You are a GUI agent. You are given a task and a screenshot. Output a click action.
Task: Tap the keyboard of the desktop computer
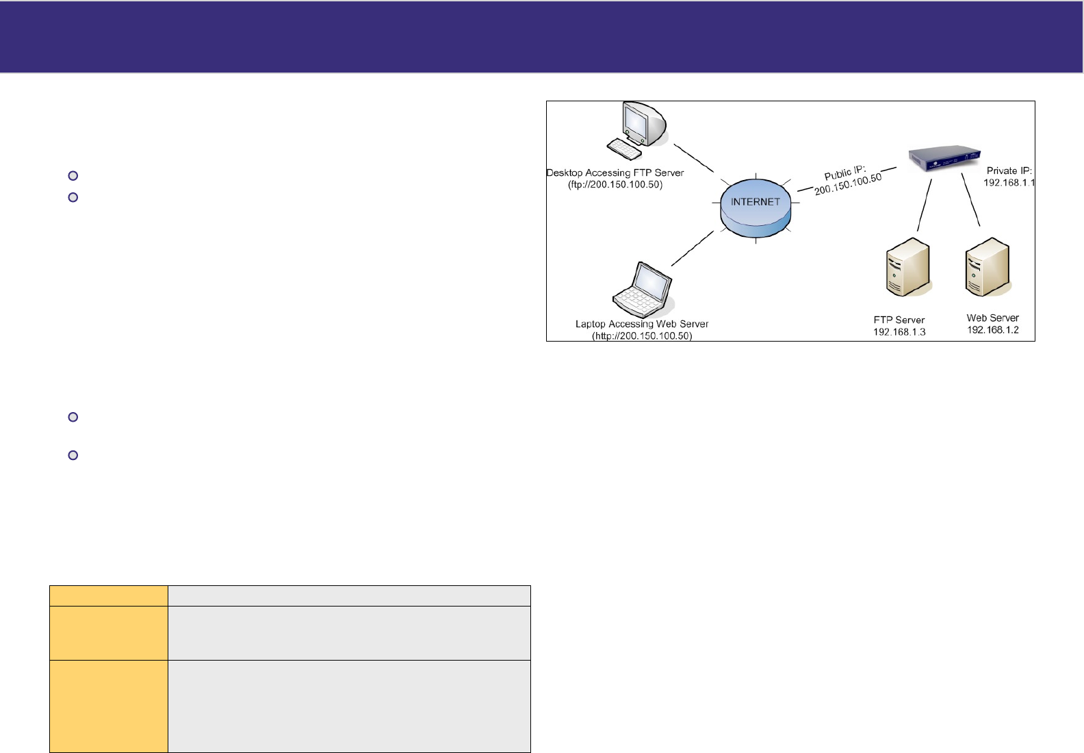[x=624, y=149]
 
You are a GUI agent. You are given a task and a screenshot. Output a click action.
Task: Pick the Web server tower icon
[x=988, y=266]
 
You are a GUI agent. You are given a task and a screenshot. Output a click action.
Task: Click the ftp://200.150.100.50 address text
[x=615, y=185]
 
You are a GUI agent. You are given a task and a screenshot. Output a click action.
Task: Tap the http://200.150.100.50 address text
[x=642, y=336]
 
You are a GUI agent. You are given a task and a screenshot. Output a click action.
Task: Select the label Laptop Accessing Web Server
[x=642, y=324]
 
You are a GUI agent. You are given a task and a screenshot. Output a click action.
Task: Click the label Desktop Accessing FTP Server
[x=615, y=173]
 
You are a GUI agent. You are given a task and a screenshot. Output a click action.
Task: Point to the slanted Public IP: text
[x=844, y=173]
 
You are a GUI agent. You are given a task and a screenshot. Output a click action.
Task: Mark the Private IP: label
[x=1009, y=170]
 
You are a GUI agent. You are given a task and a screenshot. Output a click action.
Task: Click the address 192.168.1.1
[x=1009, y=183]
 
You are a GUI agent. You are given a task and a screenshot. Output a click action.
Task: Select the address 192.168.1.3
[x=899, y=332]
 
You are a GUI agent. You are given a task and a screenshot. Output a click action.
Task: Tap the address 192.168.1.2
[x=993, y=330]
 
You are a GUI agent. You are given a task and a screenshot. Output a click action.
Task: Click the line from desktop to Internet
[x=694, y=158]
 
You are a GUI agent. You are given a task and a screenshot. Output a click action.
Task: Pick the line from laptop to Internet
[x=693, y=248]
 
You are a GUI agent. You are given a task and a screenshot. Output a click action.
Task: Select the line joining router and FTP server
[x=925, y=205]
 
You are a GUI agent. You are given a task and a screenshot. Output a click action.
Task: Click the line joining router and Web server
[x=971, y=201]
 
